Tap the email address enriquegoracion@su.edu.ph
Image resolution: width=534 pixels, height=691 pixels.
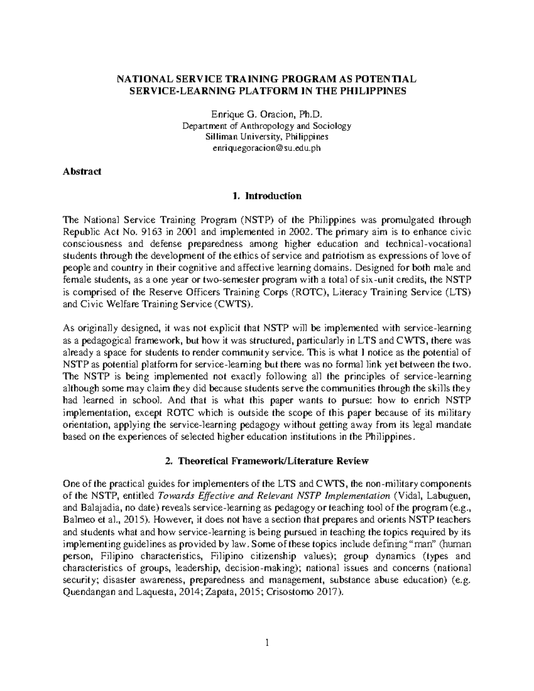pyautogui.click(x=267, y=149)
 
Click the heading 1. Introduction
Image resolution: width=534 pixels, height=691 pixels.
pyautogui.click(x=267, y=196)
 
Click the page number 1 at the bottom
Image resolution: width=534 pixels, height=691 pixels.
pyautogui.click(x=267, y=643)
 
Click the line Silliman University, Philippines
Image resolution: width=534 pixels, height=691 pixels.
pyautogui.click(x=267, y=137)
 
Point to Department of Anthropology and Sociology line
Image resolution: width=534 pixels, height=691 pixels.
pyautogui.click(x=267, y=125)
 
